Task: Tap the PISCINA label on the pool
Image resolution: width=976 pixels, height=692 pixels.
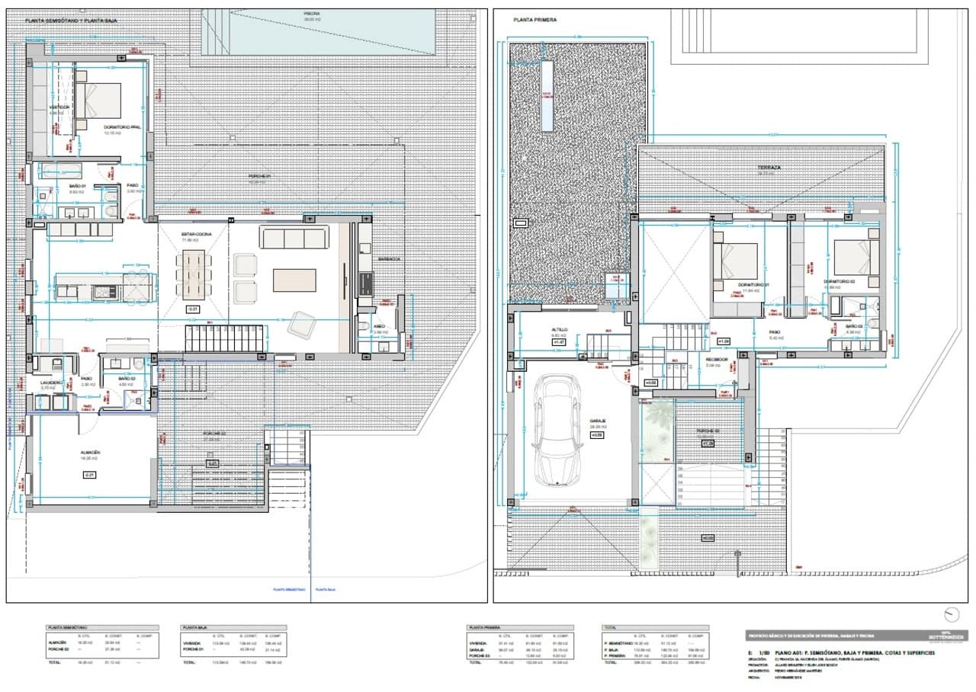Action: click(x=312, y=14)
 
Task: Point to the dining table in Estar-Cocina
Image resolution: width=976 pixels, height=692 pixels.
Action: click(x=194, y=275)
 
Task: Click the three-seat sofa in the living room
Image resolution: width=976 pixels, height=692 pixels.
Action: click(x=294, y=238)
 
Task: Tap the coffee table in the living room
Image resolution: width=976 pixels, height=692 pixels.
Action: click(x=294, y=280)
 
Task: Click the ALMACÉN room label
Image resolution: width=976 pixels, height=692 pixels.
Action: click(x=91, y=452)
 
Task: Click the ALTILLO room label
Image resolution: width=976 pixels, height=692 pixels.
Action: click(x=560, y=329)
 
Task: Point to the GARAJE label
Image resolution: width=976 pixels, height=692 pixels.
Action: click(x=597, y=420)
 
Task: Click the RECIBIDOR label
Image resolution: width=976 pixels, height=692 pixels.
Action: click(x=716, y=359)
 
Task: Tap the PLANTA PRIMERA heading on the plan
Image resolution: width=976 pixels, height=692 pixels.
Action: click(x=535, y=21)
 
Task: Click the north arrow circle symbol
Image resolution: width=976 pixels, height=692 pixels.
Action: click(x=951, y=614)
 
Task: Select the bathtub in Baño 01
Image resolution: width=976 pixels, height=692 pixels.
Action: click(x=58, y=170)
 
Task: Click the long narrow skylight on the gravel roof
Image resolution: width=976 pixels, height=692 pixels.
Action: click(x=547, y=96)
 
